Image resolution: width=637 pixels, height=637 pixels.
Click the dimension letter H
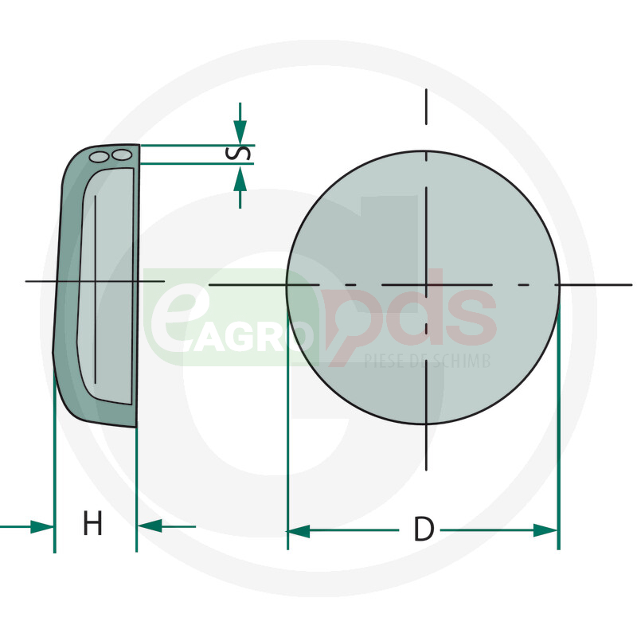click(x=92, y=523)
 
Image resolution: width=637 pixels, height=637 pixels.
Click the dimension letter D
click(x=424, y=529)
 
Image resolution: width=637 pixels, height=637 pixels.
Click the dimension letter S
click(x=237, y=153)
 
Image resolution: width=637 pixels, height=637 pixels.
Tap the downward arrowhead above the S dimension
click(x=240, y=131)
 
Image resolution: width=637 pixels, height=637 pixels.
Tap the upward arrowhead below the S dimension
click(x=240, y=178)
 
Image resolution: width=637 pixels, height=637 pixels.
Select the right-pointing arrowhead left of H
click(x=42, y=527)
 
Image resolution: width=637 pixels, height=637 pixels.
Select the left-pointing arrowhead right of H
click(x=150, y=526)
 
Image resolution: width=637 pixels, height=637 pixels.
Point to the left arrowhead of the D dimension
click(x=299, y=530)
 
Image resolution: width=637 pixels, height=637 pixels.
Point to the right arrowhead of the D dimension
click(x=545, y=530)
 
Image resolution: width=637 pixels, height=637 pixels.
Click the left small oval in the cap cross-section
click(x=99, y=157)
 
